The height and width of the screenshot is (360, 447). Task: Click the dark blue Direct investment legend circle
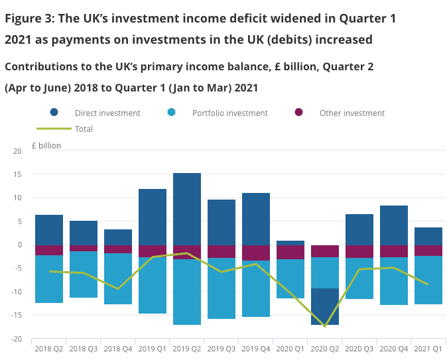coord(54,113)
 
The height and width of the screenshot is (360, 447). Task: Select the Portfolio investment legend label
coord(229,113)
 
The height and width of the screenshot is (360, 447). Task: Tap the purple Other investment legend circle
coord(299,113)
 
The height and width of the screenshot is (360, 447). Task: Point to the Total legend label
coord(84,129)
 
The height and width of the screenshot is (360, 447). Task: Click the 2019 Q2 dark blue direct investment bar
coord(187,209)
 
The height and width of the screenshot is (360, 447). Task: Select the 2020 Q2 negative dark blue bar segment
coord(325,306)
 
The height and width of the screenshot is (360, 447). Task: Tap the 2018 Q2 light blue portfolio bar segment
coord(49,279)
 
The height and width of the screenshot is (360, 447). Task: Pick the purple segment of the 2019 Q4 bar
coord(256,253)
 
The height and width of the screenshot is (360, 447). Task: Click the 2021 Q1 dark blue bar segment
coord(428,236)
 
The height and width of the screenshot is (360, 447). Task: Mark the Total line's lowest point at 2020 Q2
coord(325,326)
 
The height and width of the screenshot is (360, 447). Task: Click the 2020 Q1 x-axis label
coord(290,348)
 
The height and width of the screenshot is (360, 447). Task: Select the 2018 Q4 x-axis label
coord(118,348)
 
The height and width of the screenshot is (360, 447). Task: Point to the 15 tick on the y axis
coord(17,175)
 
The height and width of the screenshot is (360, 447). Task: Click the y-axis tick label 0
coord(19,245)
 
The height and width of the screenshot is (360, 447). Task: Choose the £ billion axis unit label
coord(46,145)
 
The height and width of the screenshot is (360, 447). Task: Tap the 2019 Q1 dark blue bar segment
coord(153,217)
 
